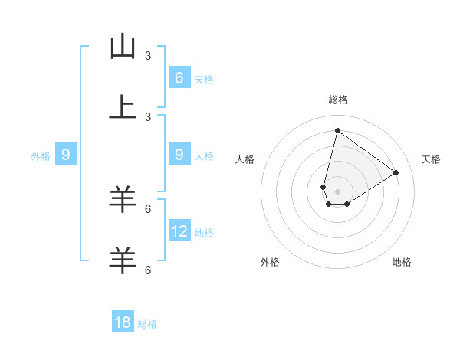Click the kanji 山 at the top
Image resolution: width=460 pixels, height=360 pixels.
123,47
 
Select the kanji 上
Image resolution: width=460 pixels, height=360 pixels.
123,107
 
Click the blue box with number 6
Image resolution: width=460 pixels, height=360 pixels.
179,77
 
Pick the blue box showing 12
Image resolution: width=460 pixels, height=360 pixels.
179,231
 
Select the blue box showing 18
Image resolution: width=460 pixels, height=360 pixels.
123,322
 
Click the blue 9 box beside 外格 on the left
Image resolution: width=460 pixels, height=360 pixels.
66,155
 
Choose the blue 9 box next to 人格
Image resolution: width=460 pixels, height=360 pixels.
179,155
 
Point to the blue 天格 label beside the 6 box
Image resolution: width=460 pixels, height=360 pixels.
204,79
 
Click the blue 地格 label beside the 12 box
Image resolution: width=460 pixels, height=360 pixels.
204,232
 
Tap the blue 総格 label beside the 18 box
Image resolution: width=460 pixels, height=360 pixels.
147,324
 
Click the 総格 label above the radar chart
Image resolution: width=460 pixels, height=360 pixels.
338,100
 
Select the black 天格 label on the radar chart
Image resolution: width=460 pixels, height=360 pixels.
431,159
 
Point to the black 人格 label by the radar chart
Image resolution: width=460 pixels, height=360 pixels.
245,159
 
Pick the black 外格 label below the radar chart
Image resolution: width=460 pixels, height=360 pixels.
270,262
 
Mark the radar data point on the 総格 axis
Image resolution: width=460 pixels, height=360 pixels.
337,130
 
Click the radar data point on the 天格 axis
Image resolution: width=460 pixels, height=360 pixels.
396,172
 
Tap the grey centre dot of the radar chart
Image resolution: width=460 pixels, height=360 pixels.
337,191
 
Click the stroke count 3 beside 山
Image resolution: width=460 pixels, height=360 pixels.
148,55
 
